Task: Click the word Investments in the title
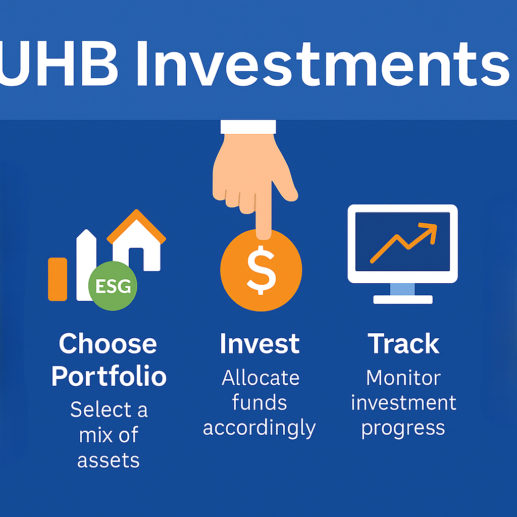coord(323,64)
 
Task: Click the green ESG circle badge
coord(113,286)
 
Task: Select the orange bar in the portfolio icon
coord(58,279)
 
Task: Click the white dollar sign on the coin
coord(261,270)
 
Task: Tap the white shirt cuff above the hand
coord(248,127)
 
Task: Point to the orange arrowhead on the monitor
coord(429,232)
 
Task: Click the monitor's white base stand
coord(402,299)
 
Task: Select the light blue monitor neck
coord(402,289)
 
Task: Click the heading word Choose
coord(108,343)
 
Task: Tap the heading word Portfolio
coord(109,376)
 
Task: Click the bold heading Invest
coord(260,343)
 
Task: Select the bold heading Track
coord(403,343)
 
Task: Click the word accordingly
coord(260,429)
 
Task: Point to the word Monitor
coord(403,378)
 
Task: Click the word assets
coord(109,460)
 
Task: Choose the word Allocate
coord(261,378)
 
